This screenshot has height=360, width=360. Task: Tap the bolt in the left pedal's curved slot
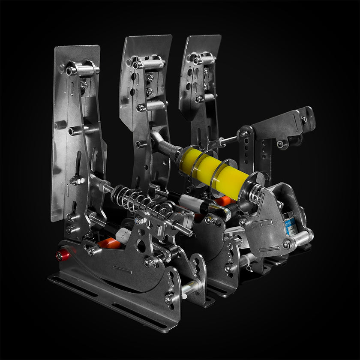pos(77,180)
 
